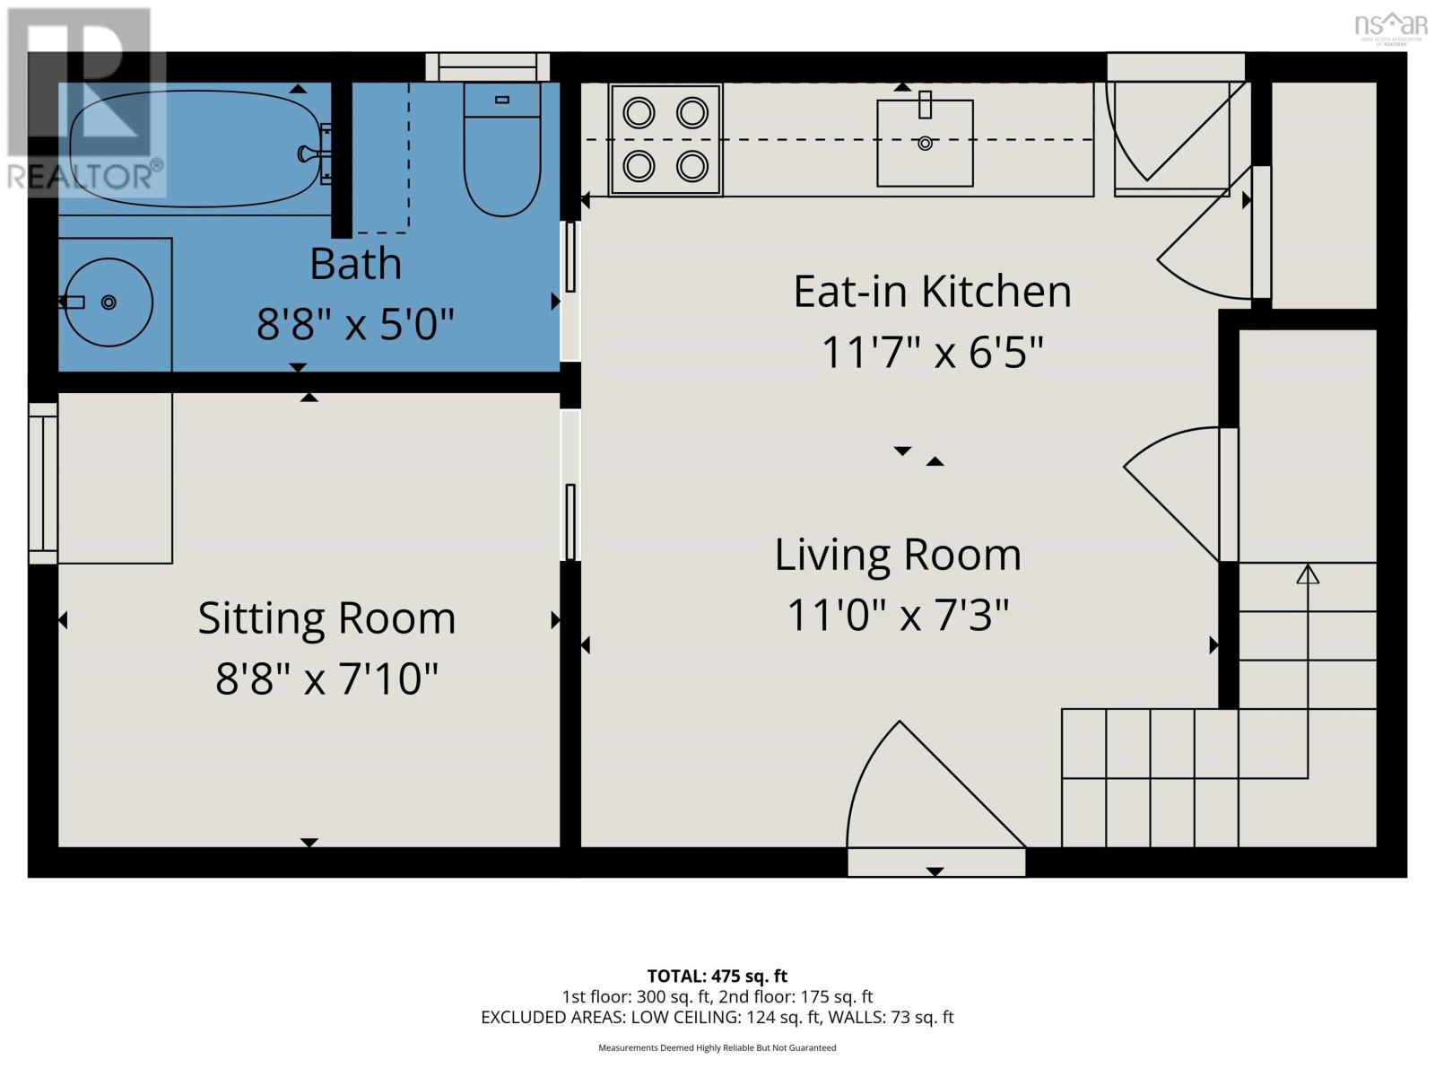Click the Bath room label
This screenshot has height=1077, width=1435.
[355, 264]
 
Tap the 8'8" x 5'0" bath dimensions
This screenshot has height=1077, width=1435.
[355, 324]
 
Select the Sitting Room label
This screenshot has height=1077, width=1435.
[326, 618]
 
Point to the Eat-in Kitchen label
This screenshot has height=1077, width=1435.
[932, 292]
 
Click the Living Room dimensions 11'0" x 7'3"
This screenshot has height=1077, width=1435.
[898, 616]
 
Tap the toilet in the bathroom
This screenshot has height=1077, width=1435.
[502, 153]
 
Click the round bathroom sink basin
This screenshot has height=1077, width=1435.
[109, 302]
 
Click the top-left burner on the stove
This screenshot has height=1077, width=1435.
[639, 113]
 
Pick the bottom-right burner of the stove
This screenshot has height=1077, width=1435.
[692, 166]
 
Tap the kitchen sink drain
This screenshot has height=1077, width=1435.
[925, 143]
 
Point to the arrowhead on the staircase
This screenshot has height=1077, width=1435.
[1308, 573]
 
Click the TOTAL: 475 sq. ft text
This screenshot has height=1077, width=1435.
[717, 976]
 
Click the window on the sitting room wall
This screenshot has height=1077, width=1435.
[41, 483]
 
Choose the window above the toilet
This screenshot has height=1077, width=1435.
[487, 66]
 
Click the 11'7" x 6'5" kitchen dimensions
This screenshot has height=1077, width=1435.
[932, 353]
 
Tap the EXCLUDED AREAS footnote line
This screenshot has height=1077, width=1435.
[717, 1018]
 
